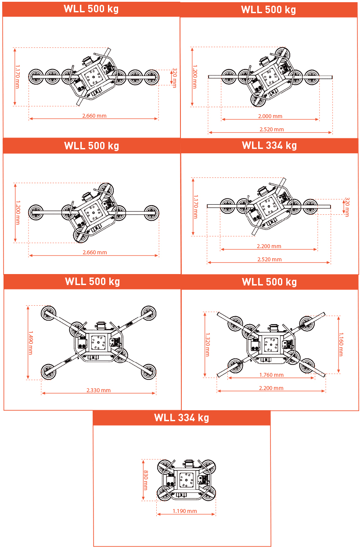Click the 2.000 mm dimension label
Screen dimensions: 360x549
[x=270, y=116]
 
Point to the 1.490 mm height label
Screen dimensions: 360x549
[x=31, y=343]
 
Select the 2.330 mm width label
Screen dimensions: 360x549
[x=98, y=390]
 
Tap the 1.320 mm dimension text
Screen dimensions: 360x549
[x=207, y=344]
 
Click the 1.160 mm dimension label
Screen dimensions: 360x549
[x=341, y=344]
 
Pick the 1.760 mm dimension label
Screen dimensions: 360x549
[x=271, y=375]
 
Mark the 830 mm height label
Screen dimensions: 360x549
[x=146, y=480]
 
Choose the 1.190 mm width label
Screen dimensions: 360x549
[x=184, y=511]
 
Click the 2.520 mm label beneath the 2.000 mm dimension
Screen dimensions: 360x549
[x=271, y=130]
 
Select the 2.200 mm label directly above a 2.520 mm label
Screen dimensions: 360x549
[x=269, y=246]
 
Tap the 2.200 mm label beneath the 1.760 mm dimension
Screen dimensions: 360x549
[x=271, y=388]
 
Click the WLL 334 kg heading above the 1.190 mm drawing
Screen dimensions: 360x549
[x=182, y=418]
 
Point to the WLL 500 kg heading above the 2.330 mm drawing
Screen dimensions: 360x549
[x=92, y=282]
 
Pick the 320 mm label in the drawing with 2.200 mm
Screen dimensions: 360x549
[x=347, y=207]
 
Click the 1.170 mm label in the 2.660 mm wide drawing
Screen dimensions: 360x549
[x=18, y=76]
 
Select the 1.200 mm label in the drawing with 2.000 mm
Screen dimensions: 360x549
[x=195, y=76]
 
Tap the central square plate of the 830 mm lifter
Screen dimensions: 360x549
[x=186, y=480]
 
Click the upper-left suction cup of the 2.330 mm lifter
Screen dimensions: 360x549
[x=49, y=313]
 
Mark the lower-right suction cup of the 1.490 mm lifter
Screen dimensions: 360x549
[x=148, y=372]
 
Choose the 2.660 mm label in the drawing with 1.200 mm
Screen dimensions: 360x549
[x=94, y=252]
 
